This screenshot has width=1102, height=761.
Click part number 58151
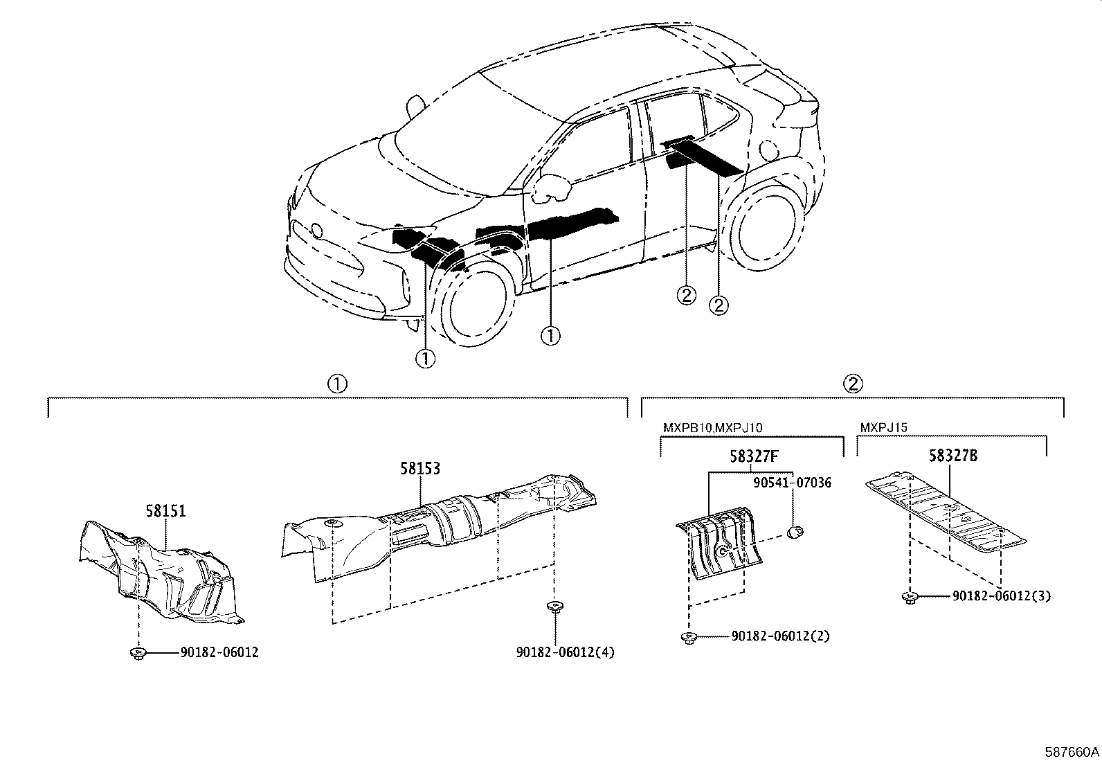click(x=165, y=511)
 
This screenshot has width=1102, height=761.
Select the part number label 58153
click(x=419, y=469)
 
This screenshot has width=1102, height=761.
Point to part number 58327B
click(x=953, y=456)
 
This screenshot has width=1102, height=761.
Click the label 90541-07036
click(x=792, y=483)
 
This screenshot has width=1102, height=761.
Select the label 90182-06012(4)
click(x=565, y=652)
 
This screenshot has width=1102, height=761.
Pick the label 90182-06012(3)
click(x=1001, y=596)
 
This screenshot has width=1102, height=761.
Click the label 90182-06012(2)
click(x=780, y=636)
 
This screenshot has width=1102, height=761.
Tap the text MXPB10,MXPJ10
click(x=712, y=428)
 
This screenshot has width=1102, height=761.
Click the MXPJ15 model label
click(x=883, y=428)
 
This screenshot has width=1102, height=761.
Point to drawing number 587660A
click(x=1072, y=751)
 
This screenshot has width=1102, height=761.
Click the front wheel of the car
click(x=476, y=305)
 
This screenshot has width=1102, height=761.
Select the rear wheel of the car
click(x=766, y=229)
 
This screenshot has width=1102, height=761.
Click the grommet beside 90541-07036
click(x=795, y=532)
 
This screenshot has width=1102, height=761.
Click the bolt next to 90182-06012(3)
click(x=910, y=596)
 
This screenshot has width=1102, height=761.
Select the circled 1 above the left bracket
click(x=337, y=384)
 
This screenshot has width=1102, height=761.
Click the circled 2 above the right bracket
click(x=852, y=384)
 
